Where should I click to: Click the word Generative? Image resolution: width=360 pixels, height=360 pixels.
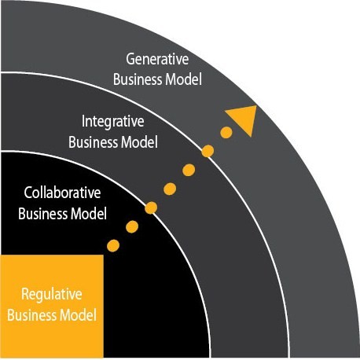click(x=157, y=59)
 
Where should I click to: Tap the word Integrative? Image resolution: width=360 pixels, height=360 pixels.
click(x=113, y=122)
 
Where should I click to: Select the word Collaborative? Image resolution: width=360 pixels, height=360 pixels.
click(x=62, y=193)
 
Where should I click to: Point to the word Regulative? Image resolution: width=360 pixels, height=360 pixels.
click(x=52, y=294)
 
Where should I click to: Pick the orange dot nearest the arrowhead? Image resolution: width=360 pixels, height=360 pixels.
click(x=226, y=133)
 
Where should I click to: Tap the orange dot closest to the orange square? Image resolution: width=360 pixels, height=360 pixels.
click(x=113, y=246)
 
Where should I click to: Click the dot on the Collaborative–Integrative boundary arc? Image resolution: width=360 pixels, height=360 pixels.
click(x=151, y=208)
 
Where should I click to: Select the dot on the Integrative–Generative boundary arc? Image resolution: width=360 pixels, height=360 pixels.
click(x=208, y=151)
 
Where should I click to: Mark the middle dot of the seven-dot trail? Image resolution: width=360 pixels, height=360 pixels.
click(x=170, y=189)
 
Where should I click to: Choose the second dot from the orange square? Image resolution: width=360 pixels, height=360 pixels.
click(x=132, y=227)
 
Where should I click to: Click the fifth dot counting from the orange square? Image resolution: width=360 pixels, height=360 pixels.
click(x=189, y=171)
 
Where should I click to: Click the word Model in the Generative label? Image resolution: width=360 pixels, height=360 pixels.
click(x=183, y=79)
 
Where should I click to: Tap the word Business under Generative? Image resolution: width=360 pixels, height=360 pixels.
click(x=138, y=79)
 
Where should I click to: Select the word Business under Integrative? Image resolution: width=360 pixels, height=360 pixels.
click(x=93, y=142)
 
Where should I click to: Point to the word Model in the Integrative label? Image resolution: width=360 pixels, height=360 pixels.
click(x=139, y=142)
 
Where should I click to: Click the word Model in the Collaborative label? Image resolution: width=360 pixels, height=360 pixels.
click(x=89, y=214)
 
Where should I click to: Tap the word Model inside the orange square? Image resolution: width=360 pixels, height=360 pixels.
click(x=78, y=315)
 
